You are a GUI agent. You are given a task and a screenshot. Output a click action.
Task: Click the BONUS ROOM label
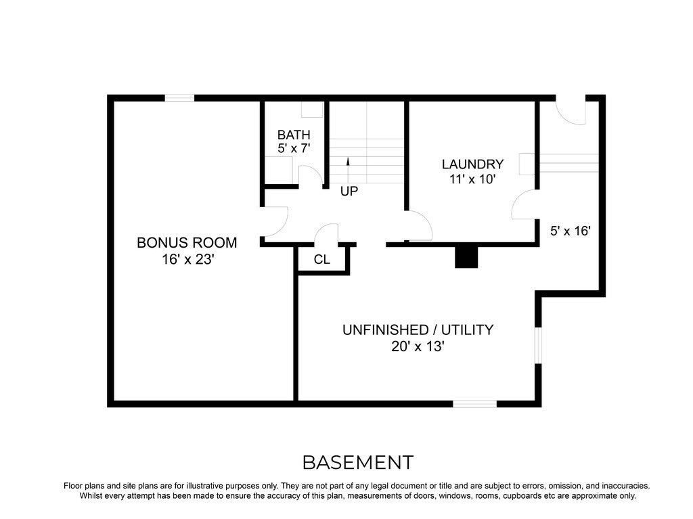click(187, 242)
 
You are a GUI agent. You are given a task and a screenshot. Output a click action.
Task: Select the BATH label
click(294, 135)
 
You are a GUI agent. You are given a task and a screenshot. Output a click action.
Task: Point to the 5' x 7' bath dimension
click(294, 149)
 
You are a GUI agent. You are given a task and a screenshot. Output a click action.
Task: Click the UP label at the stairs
click(349, 191)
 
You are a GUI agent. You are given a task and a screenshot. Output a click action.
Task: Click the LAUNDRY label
click(472, 164)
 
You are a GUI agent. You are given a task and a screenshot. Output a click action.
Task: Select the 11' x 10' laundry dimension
click(472, 179)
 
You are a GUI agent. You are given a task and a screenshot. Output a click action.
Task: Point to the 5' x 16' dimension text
click(571, 231)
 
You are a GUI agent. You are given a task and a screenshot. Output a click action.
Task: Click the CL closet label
click(322, 259)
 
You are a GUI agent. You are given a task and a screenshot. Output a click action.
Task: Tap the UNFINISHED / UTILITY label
click(418, 330)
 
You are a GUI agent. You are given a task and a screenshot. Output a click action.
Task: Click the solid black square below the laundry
click(466, 256)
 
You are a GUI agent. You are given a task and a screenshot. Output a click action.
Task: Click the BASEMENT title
click(357, 463)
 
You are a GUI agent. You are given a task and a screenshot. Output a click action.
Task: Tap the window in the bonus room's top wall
click(180, 98)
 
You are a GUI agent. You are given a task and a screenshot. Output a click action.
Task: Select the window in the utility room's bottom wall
click(474, 404)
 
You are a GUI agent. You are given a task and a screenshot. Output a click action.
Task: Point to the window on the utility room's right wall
click(538, 346)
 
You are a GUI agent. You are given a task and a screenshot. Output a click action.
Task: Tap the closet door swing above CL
click(327, 233)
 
